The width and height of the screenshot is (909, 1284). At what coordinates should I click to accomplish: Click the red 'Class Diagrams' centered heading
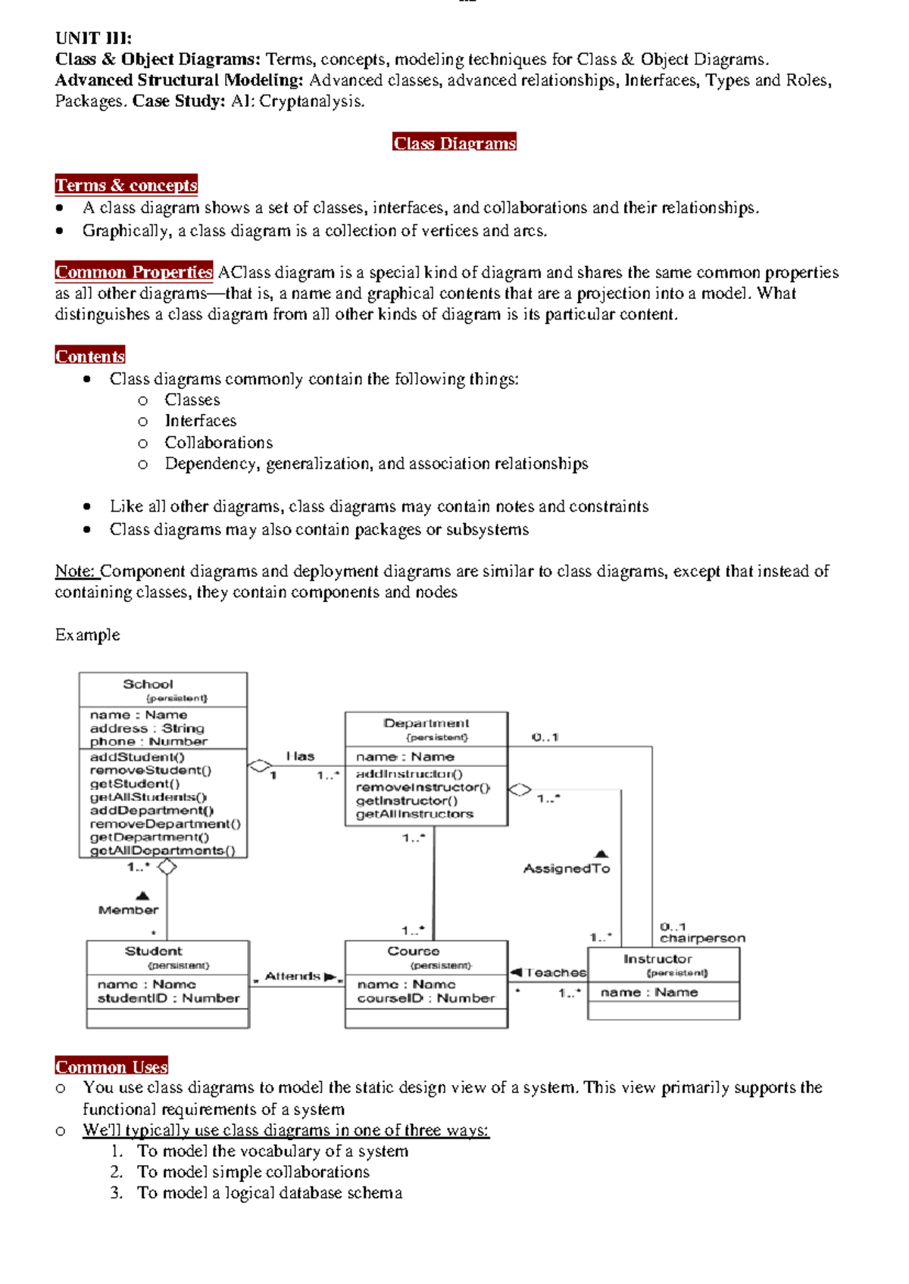click(454, 143)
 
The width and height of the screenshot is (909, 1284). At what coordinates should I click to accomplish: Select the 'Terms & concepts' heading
click(126, 185)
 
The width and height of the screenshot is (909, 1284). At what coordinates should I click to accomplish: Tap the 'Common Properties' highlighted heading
click(133, 272)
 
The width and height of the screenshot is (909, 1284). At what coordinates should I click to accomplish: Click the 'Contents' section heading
click(90, 356)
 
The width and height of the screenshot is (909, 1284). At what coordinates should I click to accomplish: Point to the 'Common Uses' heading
click(111, 1067)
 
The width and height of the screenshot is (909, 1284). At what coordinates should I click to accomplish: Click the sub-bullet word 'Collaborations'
click(218, 442)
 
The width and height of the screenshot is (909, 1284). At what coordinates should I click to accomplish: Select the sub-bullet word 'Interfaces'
click(200, 421)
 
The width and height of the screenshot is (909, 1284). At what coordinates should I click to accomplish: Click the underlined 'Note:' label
click(74, 571)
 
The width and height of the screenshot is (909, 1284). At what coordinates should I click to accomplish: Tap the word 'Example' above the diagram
click(87, 634)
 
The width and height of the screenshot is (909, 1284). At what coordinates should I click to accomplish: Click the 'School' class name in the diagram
click(148, 684)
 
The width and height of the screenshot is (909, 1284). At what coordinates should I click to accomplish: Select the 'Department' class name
click(426, 724)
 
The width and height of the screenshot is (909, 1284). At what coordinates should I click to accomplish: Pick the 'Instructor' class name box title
click(658, 959)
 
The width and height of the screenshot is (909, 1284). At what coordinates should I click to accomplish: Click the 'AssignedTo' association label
click(567, 869)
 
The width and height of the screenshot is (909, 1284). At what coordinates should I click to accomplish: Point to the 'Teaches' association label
click(555, 973)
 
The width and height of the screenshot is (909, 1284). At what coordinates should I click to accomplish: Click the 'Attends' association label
click(292, 977)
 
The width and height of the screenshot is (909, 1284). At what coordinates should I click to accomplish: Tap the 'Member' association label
click(128, 910)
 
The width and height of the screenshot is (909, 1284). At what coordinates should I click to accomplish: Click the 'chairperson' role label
click(702, 939)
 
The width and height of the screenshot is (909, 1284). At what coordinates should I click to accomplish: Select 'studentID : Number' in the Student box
click(168, 999)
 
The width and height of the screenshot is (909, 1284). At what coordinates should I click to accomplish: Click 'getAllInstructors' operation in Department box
click(414, 815)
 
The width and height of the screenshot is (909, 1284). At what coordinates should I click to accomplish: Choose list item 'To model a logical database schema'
click(269, 1193)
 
